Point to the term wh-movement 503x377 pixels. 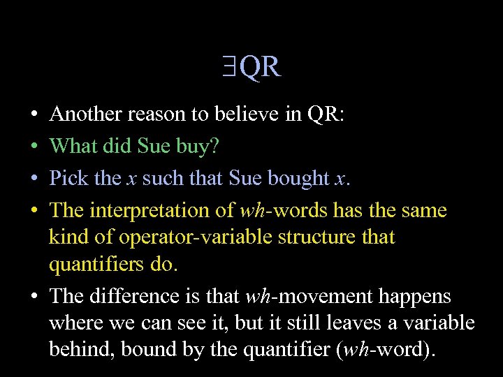click(309, 297)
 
